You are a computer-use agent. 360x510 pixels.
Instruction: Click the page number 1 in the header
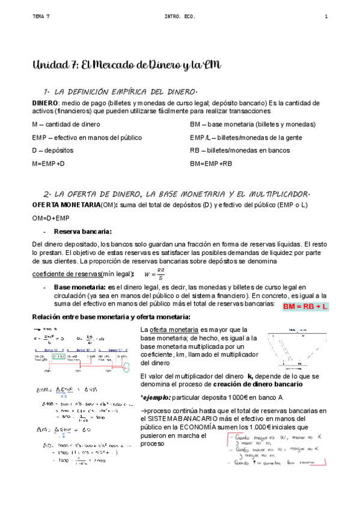click(x=326, y=17)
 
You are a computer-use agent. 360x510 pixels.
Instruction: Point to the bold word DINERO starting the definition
click(x=44, y=103)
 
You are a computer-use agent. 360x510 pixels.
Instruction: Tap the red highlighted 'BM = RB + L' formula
click(x=305, y=307)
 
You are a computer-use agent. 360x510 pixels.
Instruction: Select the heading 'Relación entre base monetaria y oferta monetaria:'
click(x=111, y=317)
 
